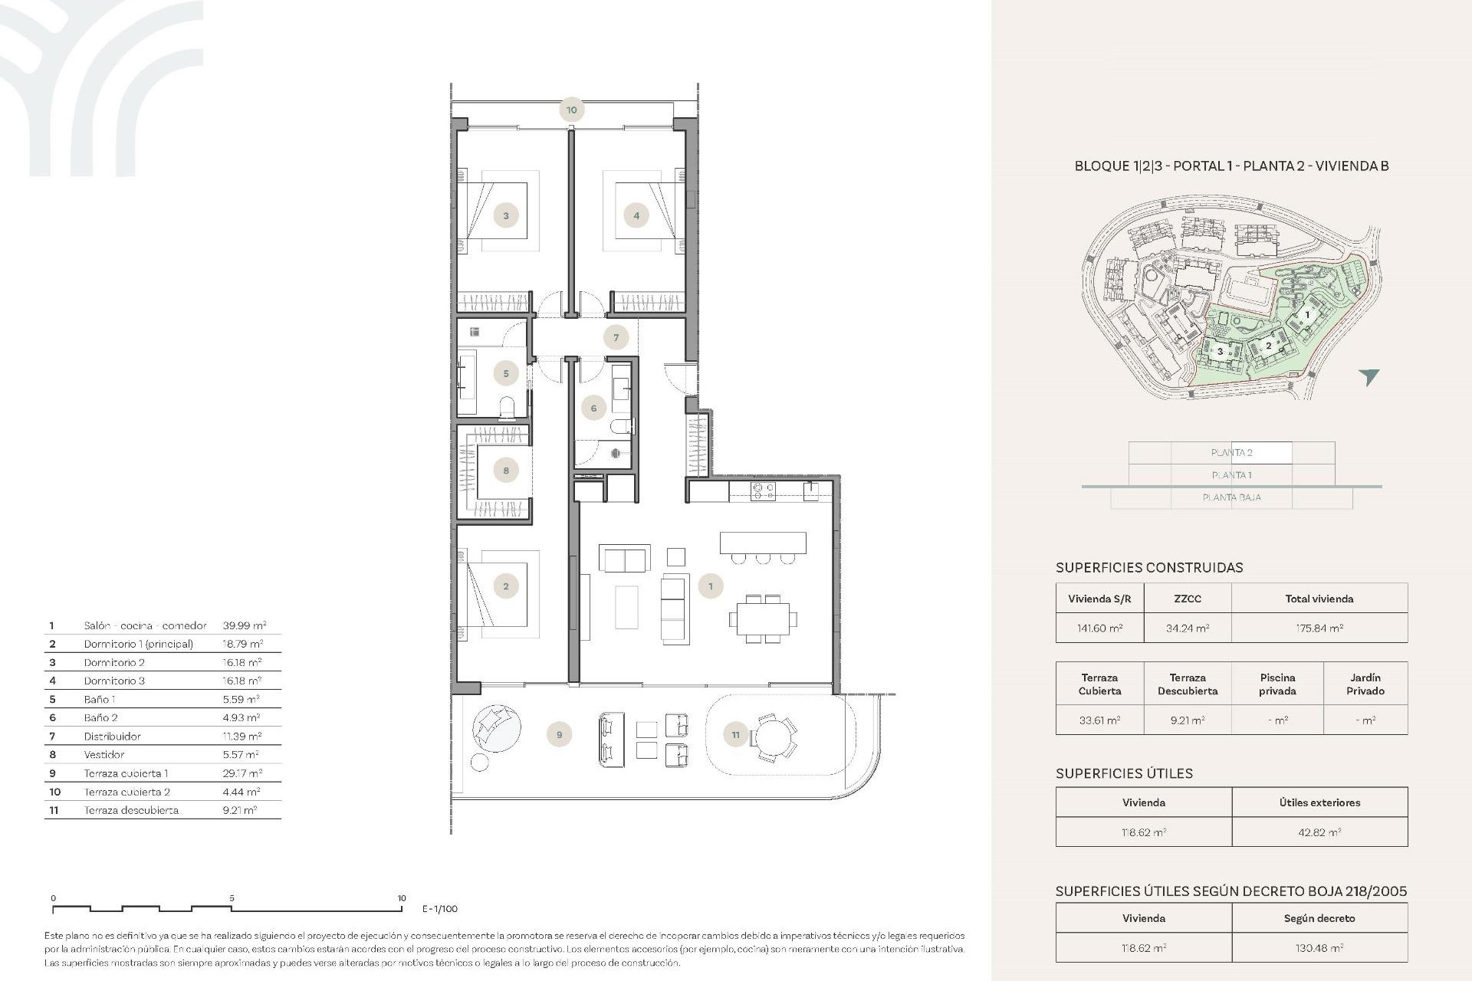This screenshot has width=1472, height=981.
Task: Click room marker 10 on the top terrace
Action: click(571, 110)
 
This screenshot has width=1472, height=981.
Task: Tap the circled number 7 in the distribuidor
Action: click(616, 337)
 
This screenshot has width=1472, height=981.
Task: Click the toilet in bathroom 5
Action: click(507, 407)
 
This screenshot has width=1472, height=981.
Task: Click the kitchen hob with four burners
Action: click(763, 490)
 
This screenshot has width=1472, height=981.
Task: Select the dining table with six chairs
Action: click(763, 618)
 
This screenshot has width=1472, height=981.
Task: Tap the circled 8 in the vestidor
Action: click(506, 470)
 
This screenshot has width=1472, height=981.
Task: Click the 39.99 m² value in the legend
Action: click(244, 625)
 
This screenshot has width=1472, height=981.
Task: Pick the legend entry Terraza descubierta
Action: click(131, 810)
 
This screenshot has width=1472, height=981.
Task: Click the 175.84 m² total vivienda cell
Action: click(1319, 628)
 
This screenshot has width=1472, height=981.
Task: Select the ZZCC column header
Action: click(1187, 599)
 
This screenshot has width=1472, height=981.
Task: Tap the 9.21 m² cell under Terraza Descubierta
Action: click(1187, 720)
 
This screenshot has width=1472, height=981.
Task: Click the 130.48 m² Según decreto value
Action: click(1319, 948)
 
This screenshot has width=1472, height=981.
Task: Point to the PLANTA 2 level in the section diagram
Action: click(1231, 453)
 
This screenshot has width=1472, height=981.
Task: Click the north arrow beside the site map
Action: click(1368, 376)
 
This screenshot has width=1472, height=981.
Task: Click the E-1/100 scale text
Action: click(440, 909)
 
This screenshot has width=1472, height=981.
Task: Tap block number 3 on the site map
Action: click(1220, 352)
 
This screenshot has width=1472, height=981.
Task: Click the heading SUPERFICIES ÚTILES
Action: click(1124, 773)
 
